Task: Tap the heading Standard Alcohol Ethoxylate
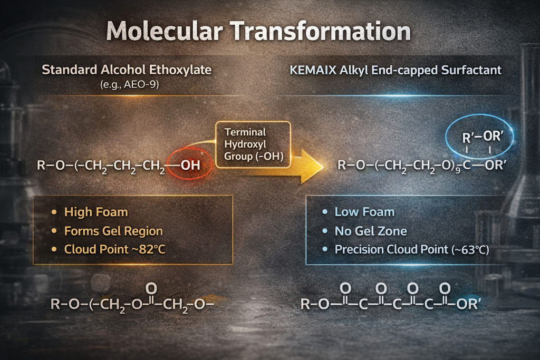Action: pyautogui.click(x=129, y=70)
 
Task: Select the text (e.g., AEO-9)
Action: pyautogui.click(x=129, y=84)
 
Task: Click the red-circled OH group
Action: pyautogui.click(x=190, y=166)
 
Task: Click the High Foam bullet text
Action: pyautogui.click(x=96, y=212)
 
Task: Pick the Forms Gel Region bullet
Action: pyautogui.click(x=113, y=231)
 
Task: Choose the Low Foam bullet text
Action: pyautogui.click(x=364, y=212)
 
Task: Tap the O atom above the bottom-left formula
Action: pyautogui.click(x=151, y=288)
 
